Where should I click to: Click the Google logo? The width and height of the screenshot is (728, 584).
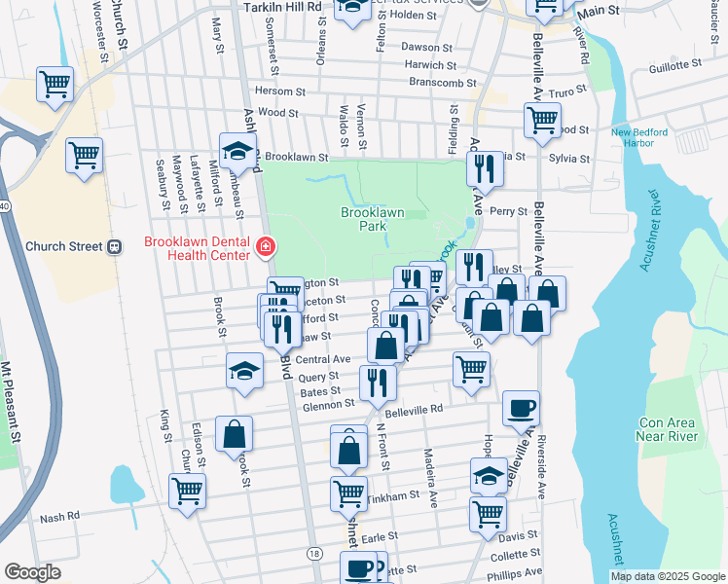[32, 572]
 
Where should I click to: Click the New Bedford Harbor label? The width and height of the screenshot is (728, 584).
[638, 138]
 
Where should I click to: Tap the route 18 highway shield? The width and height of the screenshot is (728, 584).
[313, 553]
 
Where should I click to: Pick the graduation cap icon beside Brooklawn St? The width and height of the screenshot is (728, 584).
[237, 150]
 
